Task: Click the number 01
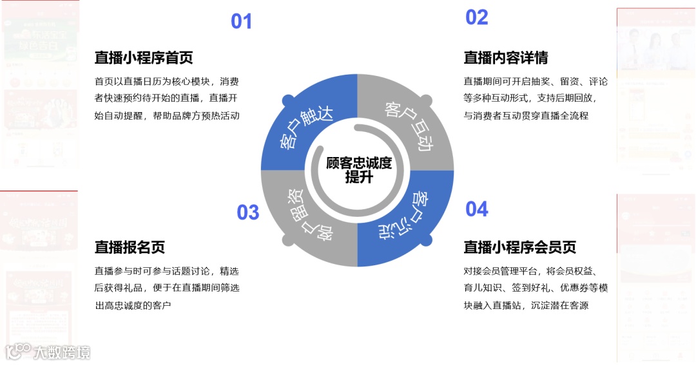242,22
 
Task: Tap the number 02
477,17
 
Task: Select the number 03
248,212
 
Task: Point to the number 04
477,209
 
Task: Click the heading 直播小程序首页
144,58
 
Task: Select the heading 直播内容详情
506,58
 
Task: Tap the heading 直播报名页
130,247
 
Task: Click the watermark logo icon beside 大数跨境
18,351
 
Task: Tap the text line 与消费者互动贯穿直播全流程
526,116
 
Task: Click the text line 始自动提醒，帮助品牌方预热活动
167,116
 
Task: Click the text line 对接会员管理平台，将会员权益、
536,271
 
